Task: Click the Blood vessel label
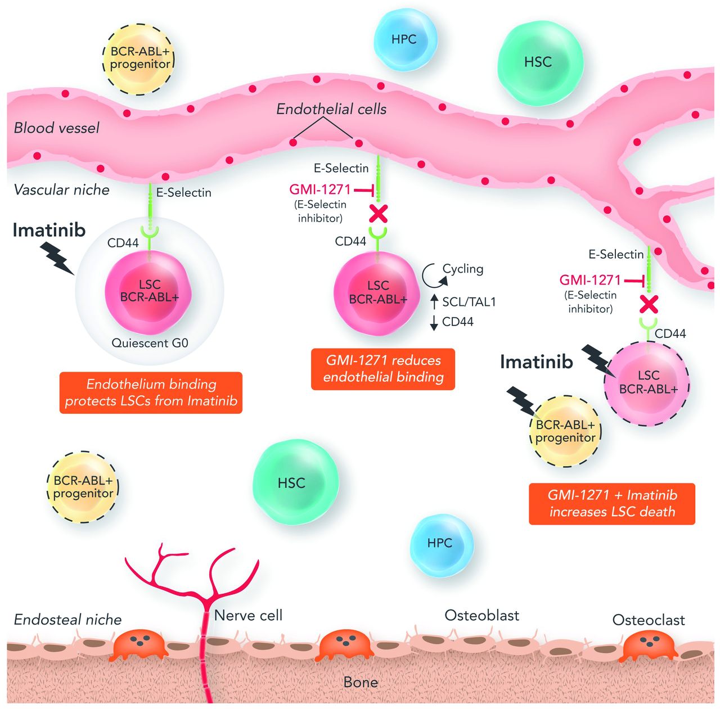(x=56, y=128)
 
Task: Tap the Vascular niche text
(x=61, y=190)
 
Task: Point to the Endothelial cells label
(x=331, y=109)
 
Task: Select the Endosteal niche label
(x=67, y=620)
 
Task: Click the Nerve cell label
(x=248, y=616)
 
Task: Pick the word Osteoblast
(x=481, y=616)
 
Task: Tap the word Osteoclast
(x=649, y=620)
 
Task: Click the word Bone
(x=361, y=683)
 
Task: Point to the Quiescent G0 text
(x=150, y=343)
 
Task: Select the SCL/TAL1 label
(x=469, y=302)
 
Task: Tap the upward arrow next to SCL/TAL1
(x=434, y=301)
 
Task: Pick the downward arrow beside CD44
(x=434, y=323)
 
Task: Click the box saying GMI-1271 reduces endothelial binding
(x=383, y=369)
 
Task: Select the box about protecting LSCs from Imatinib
(x=151, y=392)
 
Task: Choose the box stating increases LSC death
(x=612, y=504)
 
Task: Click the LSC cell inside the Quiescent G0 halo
(x=149, y=291)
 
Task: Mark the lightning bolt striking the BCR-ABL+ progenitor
(x=521, y=401)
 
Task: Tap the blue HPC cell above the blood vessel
(x=404, y=39)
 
